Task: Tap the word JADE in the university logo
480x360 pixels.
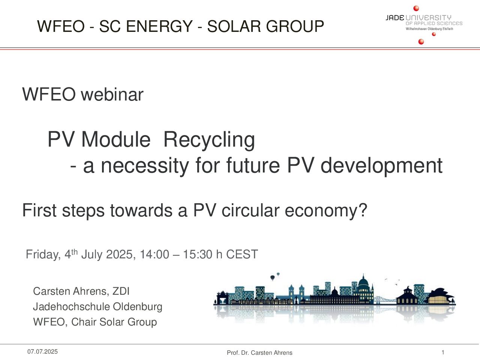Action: coord(395,18)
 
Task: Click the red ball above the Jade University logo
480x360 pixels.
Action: coord(416,8)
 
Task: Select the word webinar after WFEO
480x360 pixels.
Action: coord(112,94)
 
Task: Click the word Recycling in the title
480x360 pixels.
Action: coord(209,140)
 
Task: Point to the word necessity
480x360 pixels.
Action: coord(145,166)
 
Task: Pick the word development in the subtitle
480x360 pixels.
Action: coord(382,166)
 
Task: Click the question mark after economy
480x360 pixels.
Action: coord(363,210)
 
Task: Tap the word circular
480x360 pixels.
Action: coord(250,210)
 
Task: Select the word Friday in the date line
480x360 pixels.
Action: coord(43,254)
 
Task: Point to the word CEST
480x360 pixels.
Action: coord(242,254)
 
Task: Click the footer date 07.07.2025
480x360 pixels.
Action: coord(42,351)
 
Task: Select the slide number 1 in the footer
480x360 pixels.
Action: coord(443,352)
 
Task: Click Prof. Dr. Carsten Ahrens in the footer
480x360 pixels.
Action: coord(259,352)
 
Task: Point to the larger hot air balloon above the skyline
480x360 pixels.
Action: coord(273,277)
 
